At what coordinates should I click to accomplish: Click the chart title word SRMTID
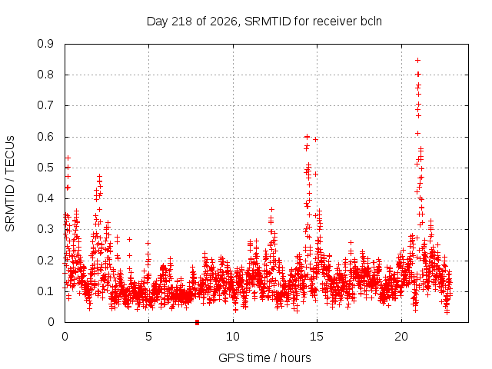click(268, 22)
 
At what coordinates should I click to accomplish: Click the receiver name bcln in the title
click(371, 22)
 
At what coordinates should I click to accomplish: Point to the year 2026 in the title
click(224, 22)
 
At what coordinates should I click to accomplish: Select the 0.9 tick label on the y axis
click(45, 44)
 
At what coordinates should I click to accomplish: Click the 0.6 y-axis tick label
click(45, 137)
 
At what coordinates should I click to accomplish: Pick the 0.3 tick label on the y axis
click(45, 229)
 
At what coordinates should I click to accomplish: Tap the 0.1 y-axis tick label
click(45, 291)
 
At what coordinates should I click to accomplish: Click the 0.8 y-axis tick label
click(45, 75)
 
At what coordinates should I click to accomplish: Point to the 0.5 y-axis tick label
click(45, 168)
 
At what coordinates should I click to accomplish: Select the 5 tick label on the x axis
click(148, 337)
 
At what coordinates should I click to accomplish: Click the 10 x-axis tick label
click(233, 337)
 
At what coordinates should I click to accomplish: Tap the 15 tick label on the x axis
click(317, 337)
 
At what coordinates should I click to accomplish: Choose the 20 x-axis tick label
click(401, 337)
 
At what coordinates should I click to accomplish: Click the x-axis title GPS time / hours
click(264, 358)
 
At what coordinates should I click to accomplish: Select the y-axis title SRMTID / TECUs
click(10, 183)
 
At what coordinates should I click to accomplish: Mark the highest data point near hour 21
click(417, 60)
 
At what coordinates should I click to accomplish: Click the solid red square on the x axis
click(197, 322)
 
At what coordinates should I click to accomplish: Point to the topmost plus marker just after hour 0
click(68, 158)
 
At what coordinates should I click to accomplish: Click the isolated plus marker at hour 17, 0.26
click(351, 242)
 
